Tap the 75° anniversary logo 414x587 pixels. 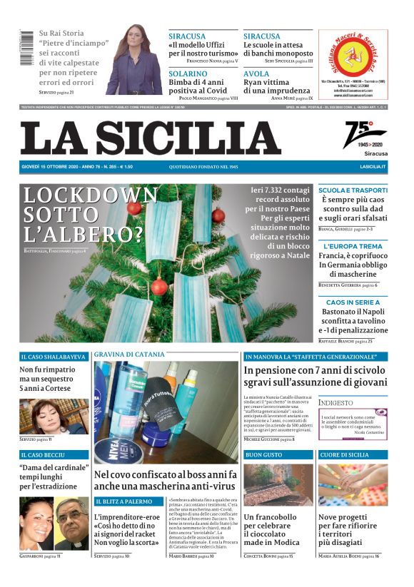(365, 134)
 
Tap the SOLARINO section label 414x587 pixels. (188, 73)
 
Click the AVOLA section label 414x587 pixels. (256, 73)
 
